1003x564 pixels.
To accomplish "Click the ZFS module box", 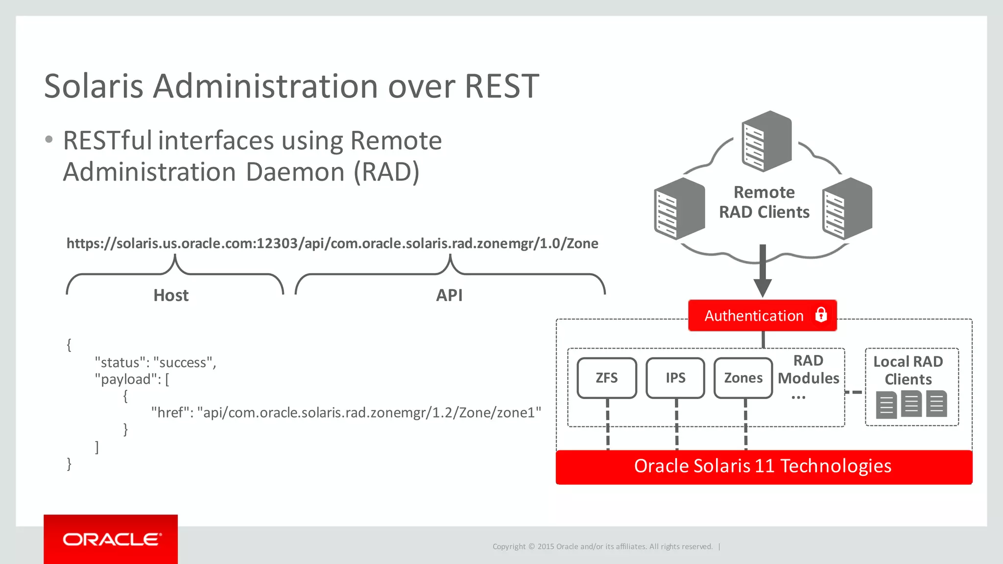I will (x=606, y=378).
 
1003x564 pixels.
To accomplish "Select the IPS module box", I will (x=675, y=378).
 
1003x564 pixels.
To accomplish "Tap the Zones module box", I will (x=743, y=378).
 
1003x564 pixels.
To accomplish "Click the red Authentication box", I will (x=754, y=316).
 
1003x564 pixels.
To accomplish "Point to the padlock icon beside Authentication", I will (x=821, y=315).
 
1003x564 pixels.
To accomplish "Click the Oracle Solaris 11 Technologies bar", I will (x=763, y=467).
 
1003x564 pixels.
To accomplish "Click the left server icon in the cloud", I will (x=679, y=209).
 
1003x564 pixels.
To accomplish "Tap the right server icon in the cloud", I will (x=847, y=209).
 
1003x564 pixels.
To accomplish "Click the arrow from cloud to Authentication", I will (x=763, y=272).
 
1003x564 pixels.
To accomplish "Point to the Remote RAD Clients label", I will (x=764, y=202).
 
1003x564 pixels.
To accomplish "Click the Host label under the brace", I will (x=171, y=295).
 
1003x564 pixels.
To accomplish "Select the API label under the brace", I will (x=449, y=295).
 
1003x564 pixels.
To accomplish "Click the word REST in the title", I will (x=501, y=86).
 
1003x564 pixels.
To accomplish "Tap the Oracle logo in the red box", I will (x=112, y=540).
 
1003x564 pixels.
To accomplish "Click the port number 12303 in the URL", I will (x=277, y=243).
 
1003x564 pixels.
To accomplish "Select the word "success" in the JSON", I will (x=183, y=363).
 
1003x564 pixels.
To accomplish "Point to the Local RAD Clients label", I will (x=908, y=370).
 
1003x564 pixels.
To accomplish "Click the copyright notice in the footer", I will (x=602, y=546).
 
